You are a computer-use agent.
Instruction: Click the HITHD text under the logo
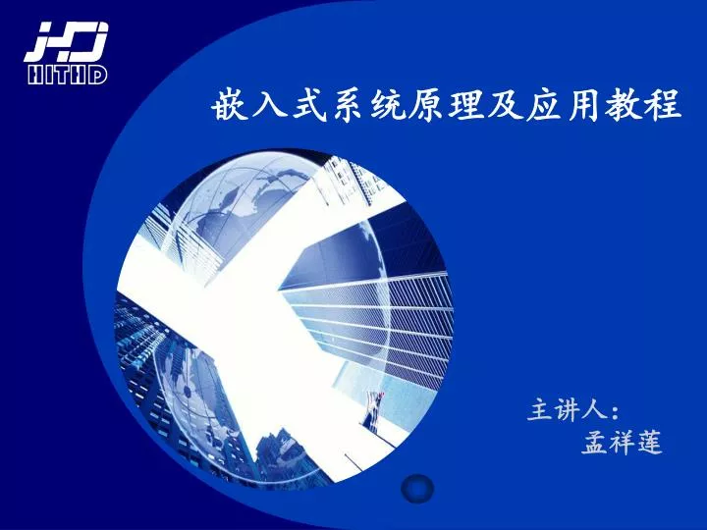67,75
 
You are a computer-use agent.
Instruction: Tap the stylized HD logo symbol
67,42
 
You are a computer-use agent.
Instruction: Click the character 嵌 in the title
231,105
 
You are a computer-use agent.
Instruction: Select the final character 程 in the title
663,105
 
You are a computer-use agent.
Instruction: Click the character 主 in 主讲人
541,409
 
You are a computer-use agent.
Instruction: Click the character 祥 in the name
623,442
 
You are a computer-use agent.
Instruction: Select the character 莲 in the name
649,442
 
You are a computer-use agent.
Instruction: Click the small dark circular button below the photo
417,488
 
